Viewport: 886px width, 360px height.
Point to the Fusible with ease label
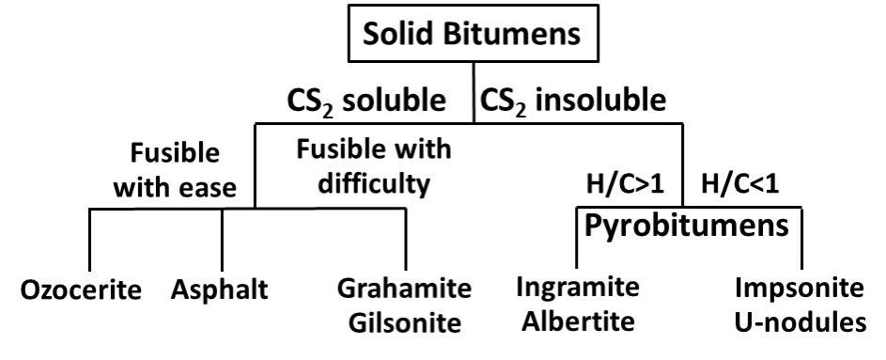point(175,169)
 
